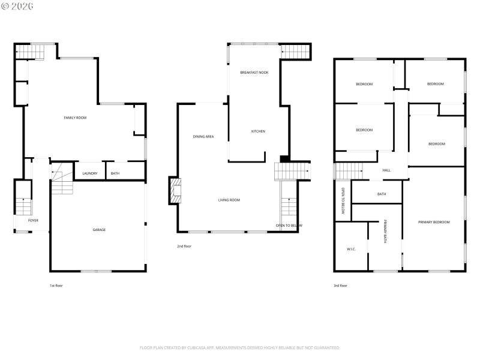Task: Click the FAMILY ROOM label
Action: coord(75,118)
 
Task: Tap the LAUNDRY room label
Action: coord(90,173)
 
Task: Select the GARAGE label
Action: coord(99,230)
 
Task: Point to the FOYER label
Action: coord(33,221)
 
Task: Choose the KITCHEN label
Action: coord(258,131)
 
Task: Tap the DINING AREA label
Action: coord(203,137)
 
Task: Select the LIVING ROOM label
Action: coord(229,200)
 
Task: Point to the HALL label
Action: coord(386,170)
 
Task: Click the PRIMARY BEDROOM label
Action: coord(434,222)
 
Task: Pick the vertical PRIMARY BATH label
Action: coord(385,232)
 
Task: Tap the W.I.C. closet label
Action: coord(352,249)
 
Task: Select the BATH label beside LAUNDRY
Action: coord(115,173)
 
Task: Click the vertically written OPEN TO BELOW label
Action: coord(343,201)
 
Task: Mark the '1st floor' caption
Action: coord(56,286)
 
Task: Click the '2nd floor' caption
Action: coord(184,246)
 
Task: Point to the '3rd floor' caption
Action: coord(340,286)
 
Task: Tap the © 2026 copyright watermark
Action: coord(17,6)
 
